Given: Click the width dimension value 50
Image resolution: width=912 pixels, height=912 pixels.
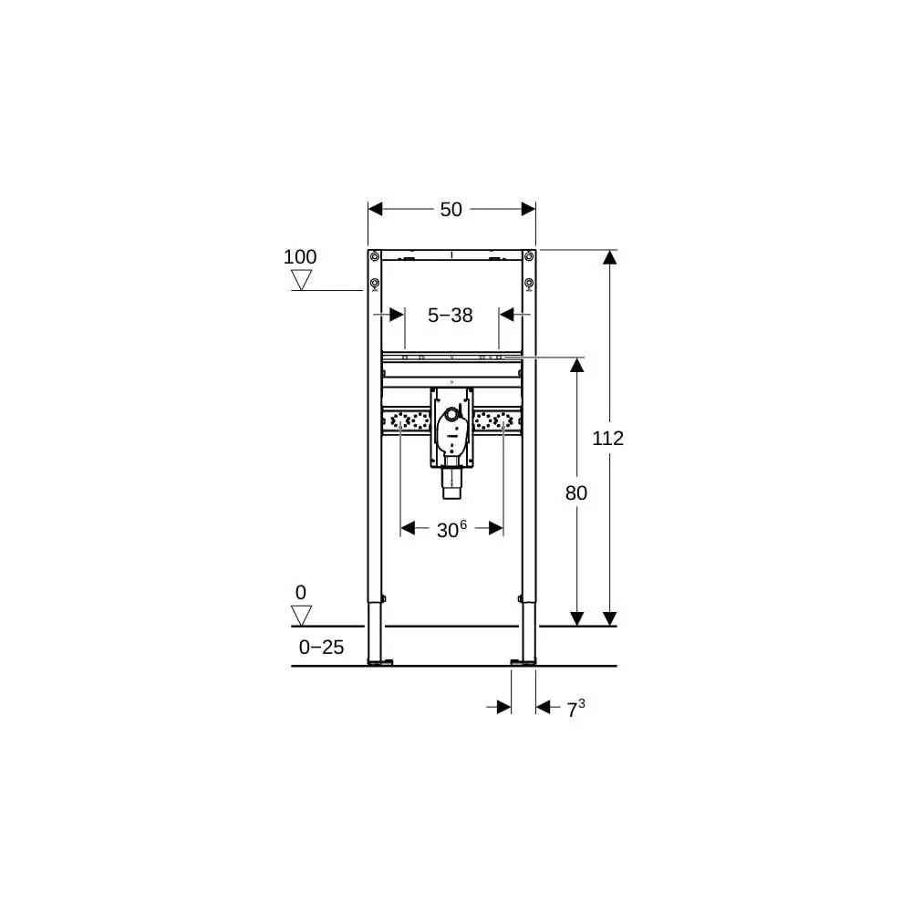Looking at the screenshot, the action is pyautogui.click(x=451, y=210).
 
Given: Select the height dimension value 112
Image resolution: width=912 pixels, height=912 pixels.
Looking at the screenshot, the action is pyautogui.click(x=607, y=438).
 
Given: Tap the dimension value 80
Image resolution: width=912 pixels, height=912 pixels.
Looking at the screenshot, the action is pyautogui.click(x=576, y=493).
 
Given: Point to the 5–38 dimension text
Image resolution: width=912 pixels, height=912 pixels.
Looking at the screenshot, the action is pyautogui.click(x=451, y=316).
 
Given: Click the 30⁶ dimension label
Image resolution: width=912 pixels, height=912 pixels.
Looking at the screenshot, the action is pyautogui.click(x=452, y=529).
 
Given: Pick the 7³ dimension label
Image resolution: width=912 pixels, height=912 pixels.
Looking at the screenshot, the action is pyautogui.click(x=576, y=709).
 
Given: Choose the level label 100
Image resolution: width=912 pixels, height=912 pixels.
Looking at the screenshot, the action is pyautogui.click(x=300, y=256).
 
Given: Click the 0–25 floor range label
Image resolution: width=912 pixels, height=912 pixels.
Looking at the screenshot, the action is pyautogui.click(x=322, y=647).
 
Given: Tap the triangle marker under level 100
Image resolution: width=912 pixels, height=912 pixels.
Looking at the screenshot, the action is pyautogui.click(x=301, y=280).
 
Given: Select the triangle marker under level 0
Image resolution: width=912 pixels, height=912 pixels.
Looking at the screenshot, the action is pyautogui.click(x=301, y=616).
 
